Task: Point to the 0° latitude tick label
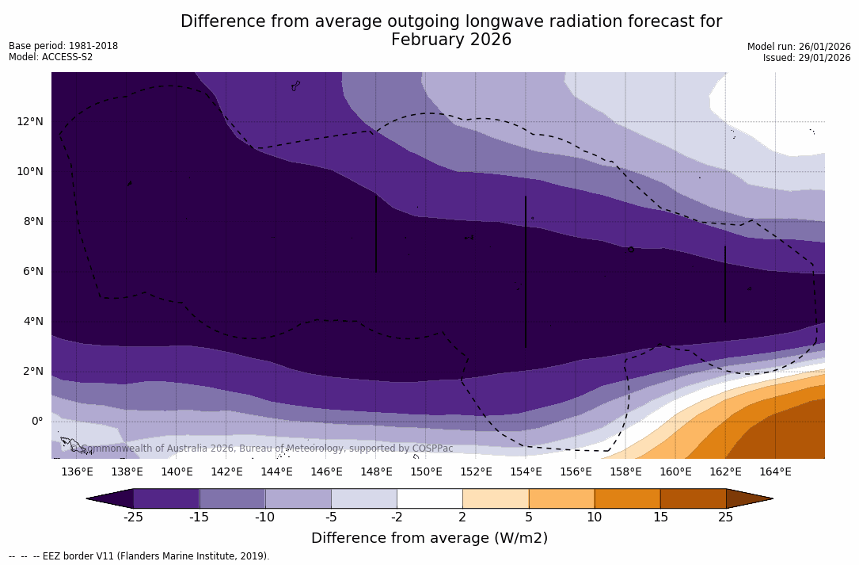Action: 37,421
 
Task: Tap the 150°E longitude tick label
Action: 426,471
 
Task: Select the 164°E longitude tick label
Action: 775,471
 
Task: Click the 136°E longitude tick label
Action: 77,471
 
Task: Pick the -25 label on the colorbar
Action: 133,517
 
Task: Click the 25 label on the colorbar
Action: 725,517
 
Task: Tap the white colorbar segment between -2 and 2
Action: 429,498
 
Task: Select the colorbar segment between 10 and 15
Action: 627,498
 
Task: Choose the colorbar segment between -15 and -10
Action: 232,498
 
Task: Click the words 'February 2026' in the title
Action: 451,40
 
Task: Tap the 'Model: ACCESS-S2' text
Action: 51,57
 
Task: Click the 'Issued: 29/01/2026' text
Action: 807,58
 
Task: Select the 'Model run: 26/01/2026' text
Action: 799,47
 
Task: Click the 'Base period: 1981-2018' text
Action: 63,46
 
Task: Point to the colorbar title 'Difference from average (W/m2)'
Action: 429,538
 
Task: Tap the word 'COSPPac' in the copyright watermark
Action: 433,449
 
